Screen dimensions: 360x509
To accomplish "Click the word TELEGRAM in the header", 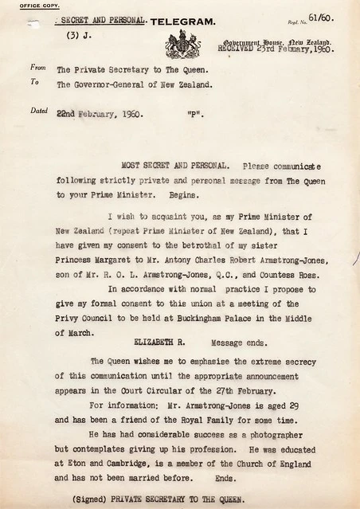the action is (182, 22).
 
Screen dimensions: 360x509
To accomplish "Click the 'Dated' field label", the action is (39, 111).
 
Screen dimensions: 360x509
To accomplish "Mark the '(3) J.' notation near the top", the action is (80, 35).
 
